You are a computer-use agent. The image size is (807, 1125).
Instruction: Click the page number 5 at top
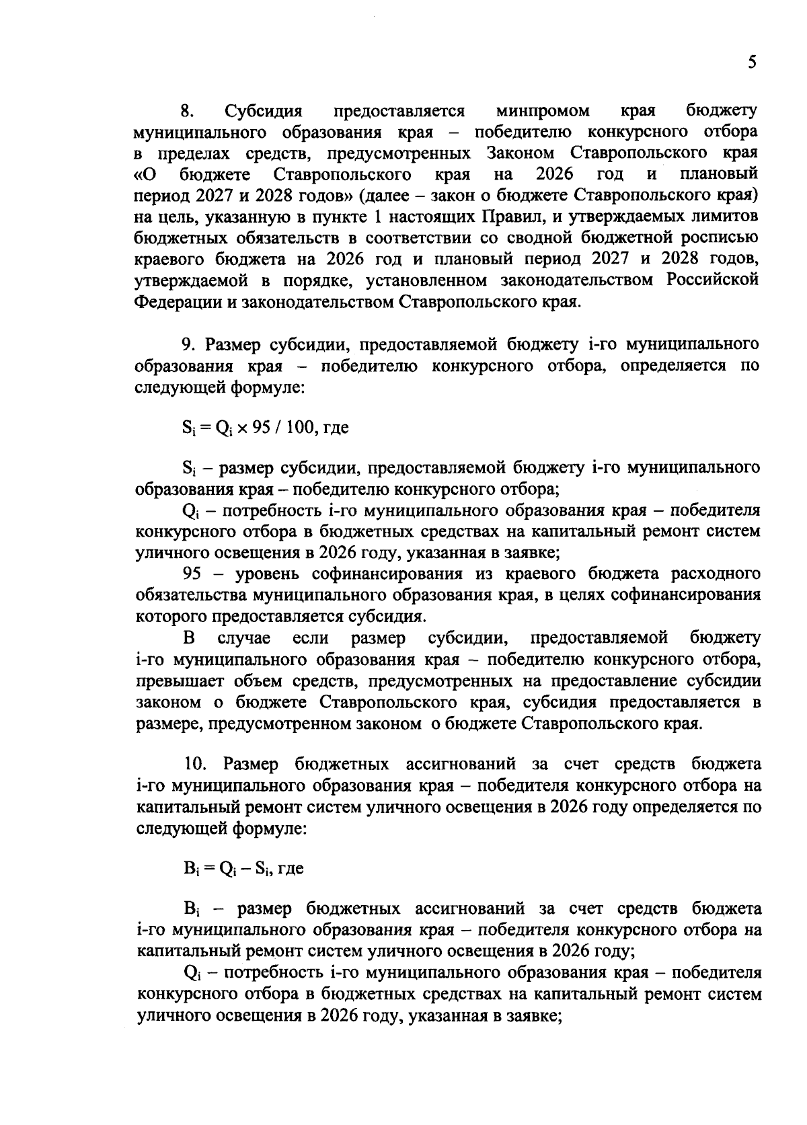[x=751, y=63]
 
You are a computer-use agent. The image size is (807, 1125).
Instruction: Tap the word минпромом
[x=542, y=110]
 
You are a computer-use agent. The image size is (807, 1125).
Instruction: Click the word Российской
[x=713, y=280]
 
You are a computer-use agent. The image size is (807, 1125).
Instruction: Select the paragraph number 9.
[x=188, y=345]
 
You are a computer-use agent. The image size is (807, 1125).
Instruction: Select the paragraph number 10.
[x=196, y=765]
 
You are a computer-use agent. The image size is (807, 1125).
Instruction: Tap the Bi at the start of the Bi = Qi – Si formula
[x=190, y=869]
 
